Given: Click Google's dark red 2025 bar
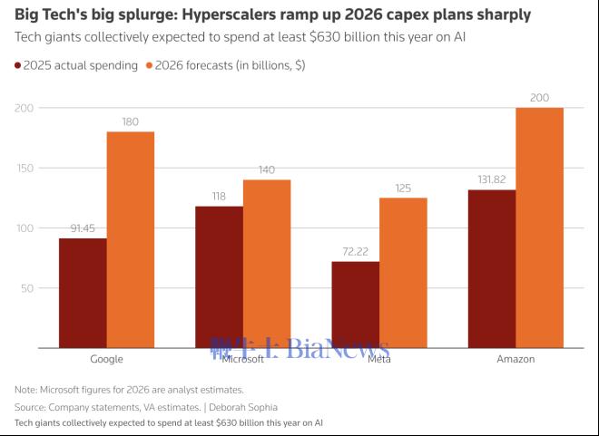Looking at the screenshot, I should [83, 293].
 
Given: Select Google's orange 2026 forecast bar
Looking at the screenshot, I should [131, 239].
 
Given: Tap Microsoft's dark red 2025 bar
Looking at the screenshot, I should [219, 276].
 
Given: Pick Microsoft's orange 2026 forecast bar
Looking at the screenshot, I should [267, 264].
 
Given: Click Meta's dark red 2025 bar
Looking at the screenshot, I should [355, 305].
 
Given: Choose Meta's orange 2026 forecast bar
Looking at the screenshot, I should [403, 273].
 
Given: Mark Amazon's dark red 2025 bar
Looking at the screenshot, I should [491, 268].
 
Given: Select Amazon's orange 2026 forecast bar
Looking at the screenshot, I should [539, 228].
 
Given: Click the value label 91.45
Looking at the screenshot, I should [83, 229].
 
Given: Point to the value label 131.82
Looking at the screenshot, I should [491, 180].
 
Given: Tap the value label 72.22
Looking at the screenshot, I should [355, 252].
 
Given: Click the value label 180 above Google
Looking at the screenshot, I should [131, 122].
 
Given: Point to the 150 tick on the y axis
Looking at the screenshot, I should [24, 169].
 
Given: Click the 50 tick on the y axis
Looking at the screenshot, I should [27, 288].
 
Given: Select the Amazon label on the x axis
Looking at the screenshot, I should [516, 359].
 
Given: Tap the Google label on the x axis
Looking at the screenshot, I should [106, 359].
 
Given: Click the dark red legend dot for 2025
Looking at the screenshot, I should [18, 65].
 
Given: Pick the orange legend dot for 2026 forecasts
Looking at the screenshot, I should [149, 65].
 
